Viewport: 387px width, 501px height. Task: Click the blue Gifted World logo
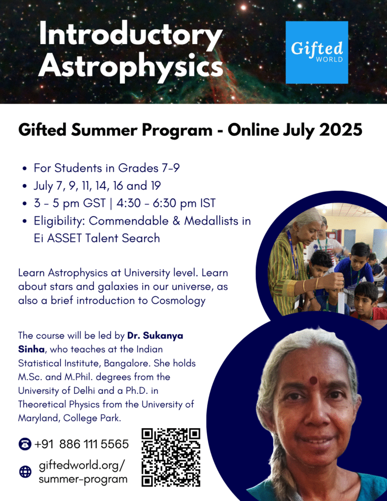point(317,52)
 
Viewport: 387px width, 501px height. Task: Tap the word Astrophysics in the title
point(131,67)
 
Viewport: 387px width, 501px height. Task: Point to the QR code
point(171,457)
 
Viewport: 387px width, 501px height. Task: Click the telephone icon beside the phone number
point(25,444)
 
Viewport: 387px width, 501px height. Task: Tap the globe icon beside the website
point(25,472)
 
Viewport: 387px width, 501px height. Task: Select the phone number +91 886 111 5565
point(81,444)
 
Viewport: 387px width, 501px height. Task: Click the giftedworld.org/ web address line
point(82,466)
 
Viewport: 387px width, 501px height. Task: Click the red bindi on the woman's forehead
point(314,381)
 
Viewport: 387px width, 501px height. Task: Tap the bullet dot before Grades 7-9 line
point(24,169)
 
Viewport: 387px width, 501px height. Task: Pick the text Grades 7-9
point(149,168)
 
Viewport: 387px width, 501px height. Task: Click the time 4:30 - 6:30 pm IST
point(166,203)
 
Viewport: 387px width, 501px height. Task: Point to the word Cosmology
point(178,301)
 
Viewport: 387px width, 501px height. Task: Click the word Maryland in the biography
point(38,418)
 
